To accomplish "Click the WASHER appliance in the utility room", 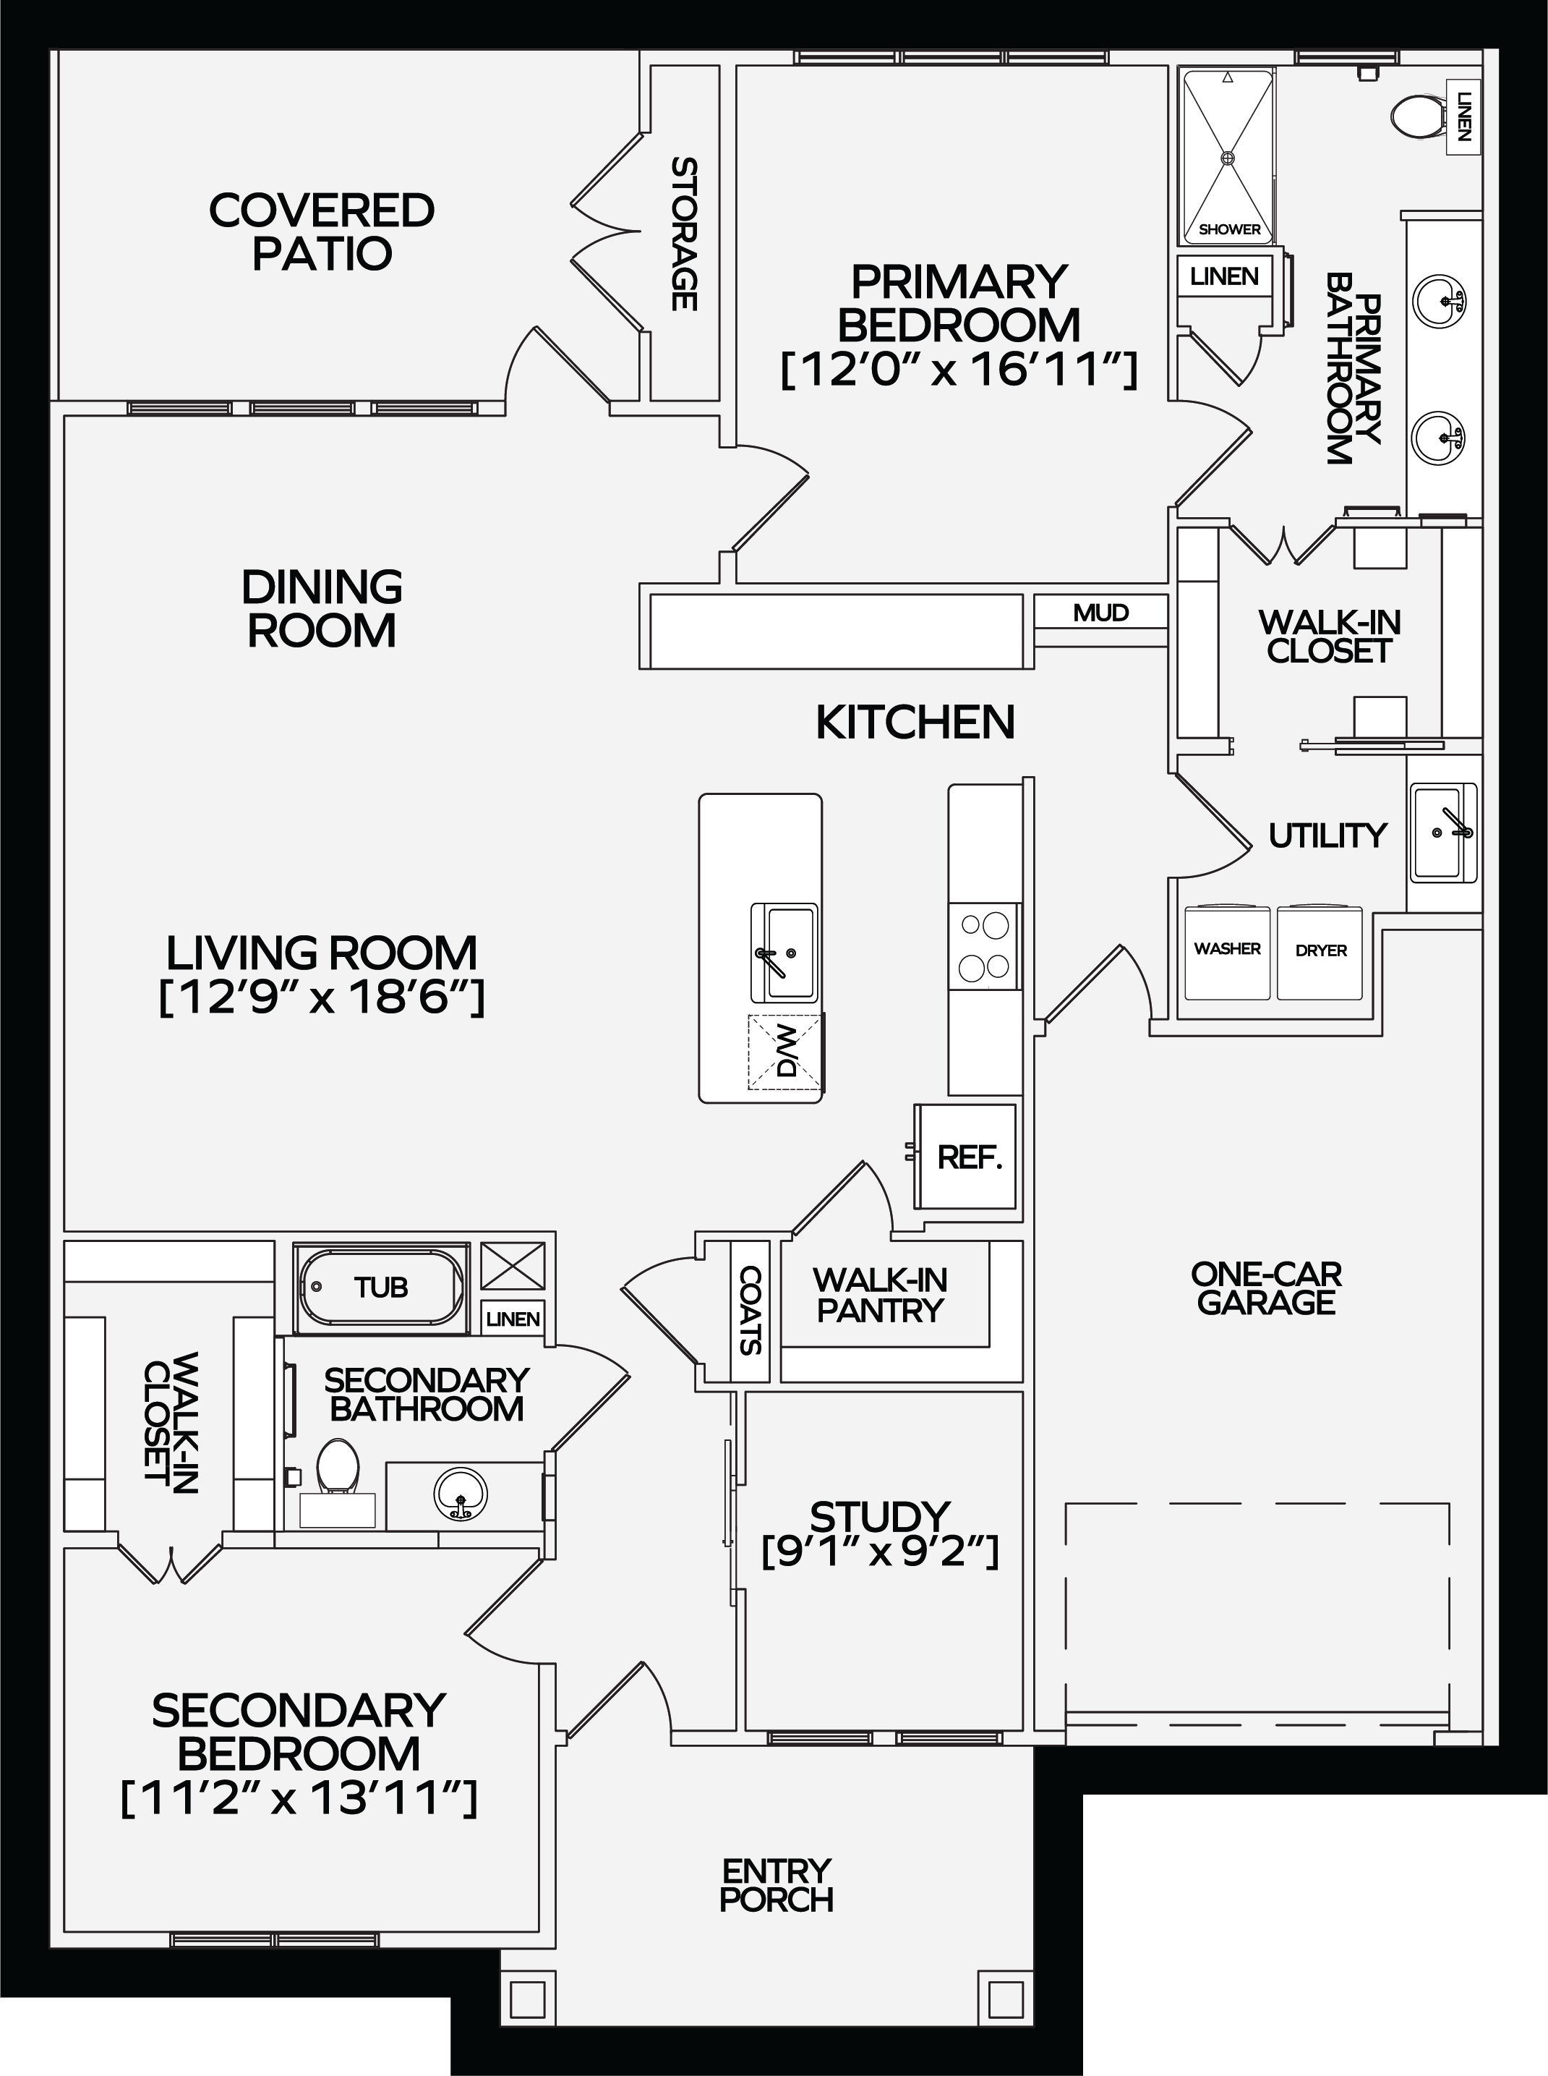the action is tap(1228, 952).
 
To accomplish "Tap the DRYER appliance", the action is tap(1320, 952).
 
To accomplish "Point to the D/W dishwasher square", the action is tap(785, 1052).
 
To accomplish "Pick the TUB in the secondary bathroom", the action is tap(381, 1287).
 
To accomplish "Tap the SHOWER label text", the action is tap(1229, 229).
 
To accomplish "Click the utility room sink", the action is tap(1444, 831).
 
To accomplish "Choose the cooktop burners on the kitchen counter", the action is tap(984, 945).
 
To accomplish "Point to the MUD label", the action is tap(1101, 613).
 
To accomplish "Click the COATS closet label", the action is tap(751, 1310).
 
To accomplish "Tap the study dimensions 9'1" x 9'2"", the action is tap(880, 1553).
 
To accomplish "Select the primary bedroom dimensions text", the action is tap(959, 370).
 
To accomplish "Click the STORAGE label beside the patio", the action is tap(685, 234).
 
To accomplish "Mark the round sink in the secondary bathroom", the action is tap(461, 1491).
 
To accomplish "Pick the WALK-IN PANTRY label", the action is tap(880, 1296).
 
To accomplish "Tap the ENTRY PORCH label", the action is tap(776, 1886).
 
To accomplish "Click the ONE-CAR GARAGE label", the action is tap(1266, 1289).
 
